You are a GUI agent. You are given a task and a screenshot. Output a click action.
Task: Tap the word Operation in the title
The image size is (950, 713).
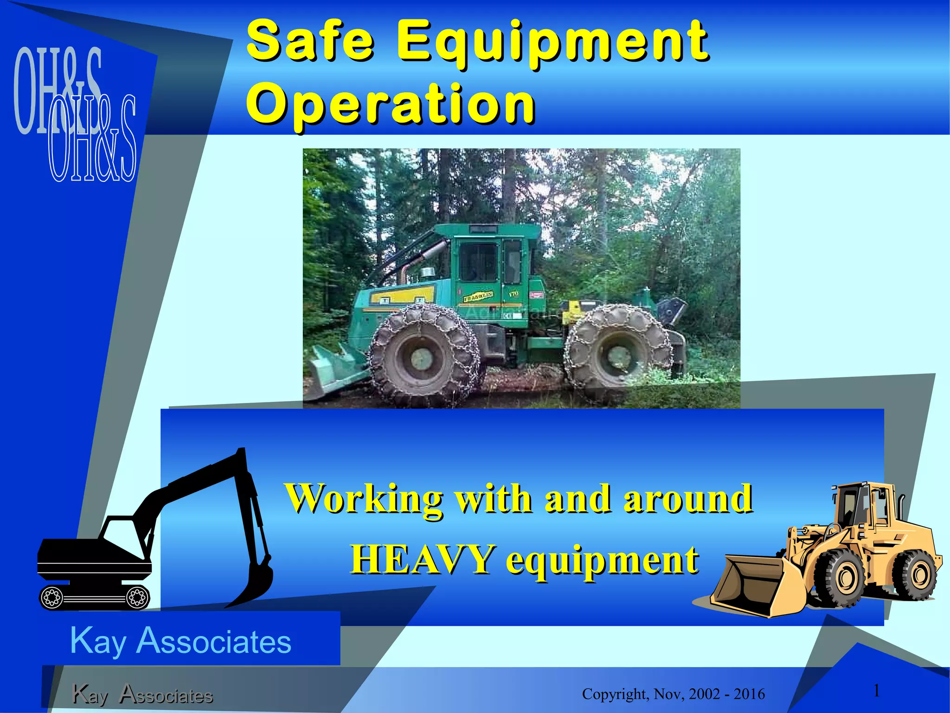(391, 104)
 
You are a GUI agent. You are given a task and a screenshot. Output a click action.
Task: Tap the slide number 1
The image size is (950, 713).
(876, 691)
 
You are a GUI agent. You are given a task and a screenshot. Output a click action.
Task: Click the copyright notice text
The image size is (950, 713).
(673, 694)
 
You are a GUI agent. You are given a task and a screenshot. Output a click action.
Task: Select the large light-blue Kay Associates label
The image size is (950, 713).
(181, 641)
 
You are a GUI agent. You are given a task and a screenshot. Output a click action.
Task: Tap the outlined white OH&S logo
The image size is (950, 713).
(93, 139)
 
